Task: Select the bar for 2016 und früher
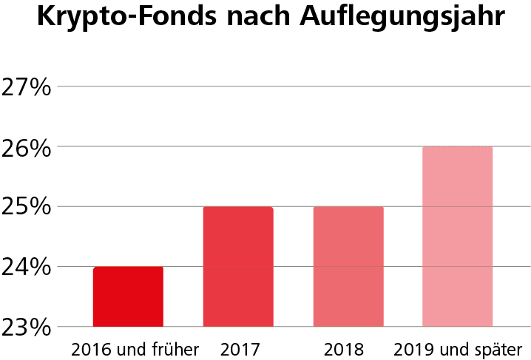128,296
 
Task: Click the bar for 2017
238,266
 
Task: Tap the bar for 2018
348,266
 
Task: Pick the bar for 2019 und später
457,237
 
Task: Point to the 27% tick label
26,87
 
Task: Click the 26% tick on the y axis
26,147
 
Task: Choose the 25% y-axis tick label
26,207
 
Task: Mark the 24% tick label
26,267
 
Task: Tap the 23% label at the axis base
26,327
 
